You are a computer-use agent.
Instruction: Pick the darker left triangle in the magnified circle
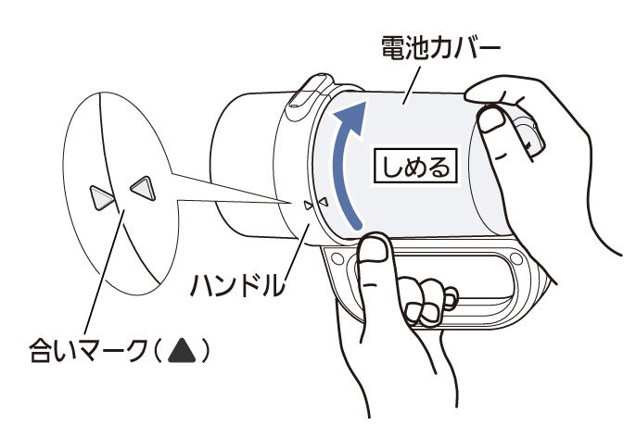101,196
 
